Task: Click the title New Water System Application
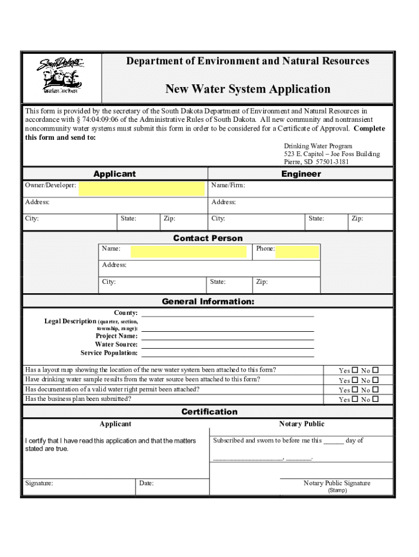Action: click(248, 89)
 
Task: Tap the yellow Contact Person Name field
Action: click(188, 251)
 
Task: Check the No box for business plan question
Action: click(375, 399)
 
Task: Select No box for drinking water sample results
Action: click(375, 380)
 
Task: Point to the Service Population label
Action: click(109, 353)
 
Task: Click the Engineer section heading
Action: click(301, 174)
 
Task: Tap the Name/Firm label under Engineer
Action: click(228, 185)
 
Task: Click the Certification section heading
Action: click(209, 412)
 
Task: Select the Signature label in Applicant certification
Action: click(39, 483)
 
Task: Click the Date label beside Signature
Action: click(146, 483)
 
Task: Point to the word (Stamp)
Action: click(337, 490)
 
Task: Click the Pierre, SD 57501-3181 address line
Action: click(316, 162)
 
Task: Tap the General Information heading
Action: click(208, 301)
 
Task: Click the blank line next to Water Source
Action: click(227, 345)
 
